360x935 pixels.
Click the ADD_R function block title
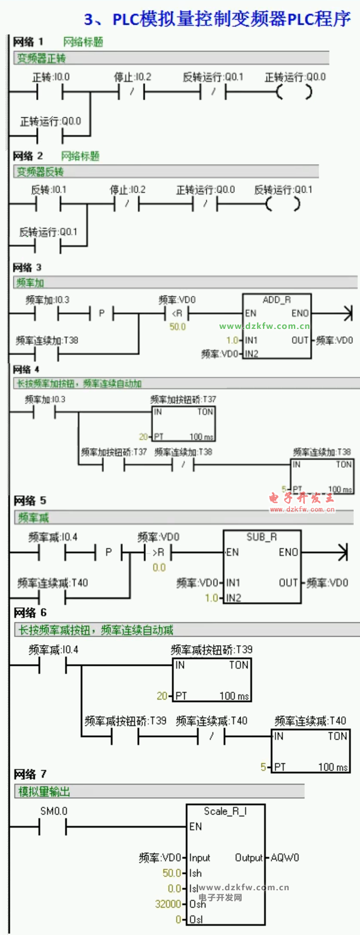point(276,300)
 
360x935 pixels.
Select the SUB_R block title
point(261,537)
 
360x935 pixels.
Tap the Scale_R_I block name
point(225,811)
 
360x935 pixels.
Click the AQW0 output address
point(285,858)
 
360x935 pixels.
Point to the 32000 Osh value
point(168,903)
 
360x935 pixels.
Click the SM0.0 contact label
point(53,811)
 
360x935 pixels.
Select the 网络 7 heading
point(30,774)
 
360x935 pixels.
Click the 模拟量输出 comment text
point(44,792)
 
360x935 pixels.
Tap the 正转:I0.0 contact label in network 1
point(51,77)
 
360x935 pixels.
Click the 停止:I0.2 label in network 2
point(127,189)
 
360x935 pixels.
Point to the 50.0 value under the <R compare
point(177,327)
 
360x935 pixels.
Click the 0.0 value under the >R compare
point(159,567)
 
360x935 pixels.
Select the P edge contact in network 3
point(102,313)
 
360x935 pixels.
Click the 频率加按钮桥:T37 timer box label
point(183,399)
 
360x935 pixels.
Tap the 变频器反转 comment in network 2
point(40,172)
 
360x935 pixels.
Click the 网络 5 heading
point(30,501)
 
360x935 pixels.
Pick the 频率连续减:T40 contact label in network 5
point(52,583)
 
